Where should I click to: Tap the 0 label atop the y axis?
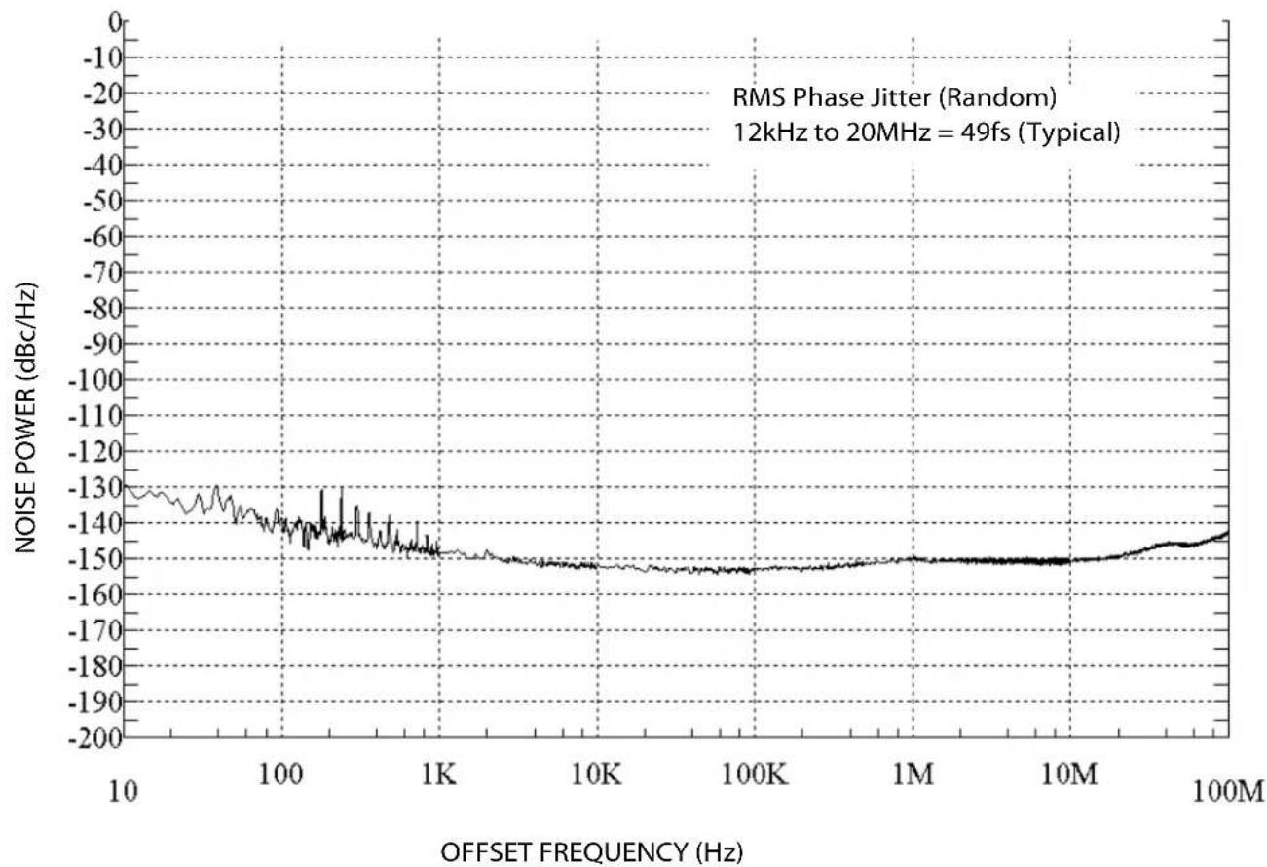(115, 22)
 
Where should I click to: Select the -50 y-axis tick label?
(103, 201)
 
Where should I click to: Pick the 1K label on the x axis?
(439, 773)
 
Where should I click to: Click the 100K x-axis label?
(755, 773)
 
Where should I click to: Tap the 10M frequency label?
(1069, 773)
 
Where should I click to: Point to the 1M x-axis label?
(913, 773)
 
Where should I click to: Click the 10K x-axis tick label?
(596, 773)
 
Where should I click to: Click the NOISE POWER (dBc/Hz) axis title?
(25, 418)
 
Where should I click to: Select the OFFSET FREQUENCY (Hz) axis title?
(592, 852)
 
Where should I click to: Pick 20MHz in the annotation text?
(888, 132)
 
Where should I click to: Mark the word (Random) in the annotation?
(997, 98)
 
